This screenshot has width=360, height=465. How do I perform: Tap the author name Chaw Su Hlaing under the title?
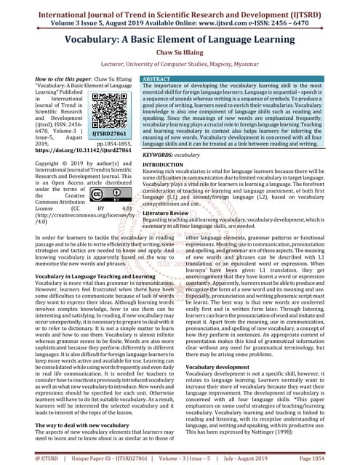pos(180,52)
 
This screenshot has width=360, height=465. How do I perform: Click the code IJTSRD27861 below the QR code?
pos(111,134)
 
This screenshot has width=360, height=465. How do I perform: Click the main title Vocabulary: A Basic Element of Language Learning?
pos(180,35)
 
